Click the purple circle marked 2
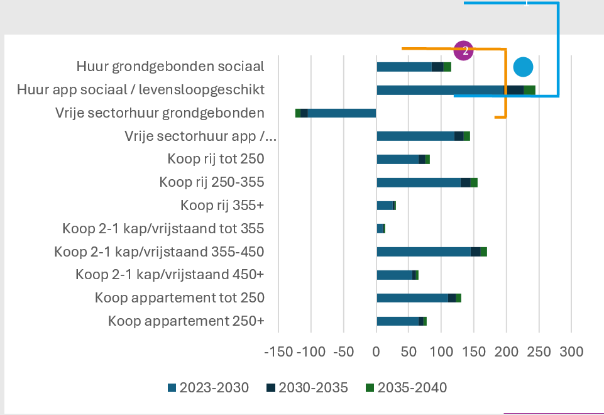(463, 50)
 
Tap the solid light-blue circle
(522, 67)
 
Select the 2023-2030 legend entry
(208, 387)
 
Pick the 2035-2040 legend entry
(406, 387)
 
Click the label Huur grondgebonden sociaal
(170, 67)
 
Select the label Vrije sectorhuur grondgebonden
(160, 113)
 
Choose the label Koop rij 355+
(222, 205)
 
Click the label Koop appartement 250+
(186, 321)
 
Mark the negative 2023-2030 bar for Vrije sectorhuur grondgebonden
(341, 113)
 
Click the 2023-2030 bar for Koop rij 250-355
(418, 182)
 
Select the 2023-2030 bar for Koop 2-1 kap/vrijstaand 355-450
(423, 252)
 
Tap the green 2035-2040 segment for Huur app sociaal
(529, 90)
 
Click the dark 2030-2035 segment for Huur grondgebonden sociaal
(437, 67)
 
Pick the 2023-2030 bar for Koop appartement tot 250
(412, 298)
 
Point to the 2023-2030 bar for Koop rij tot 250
(397, 159)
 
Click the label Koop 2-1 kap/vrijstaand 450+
(170, 275)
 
